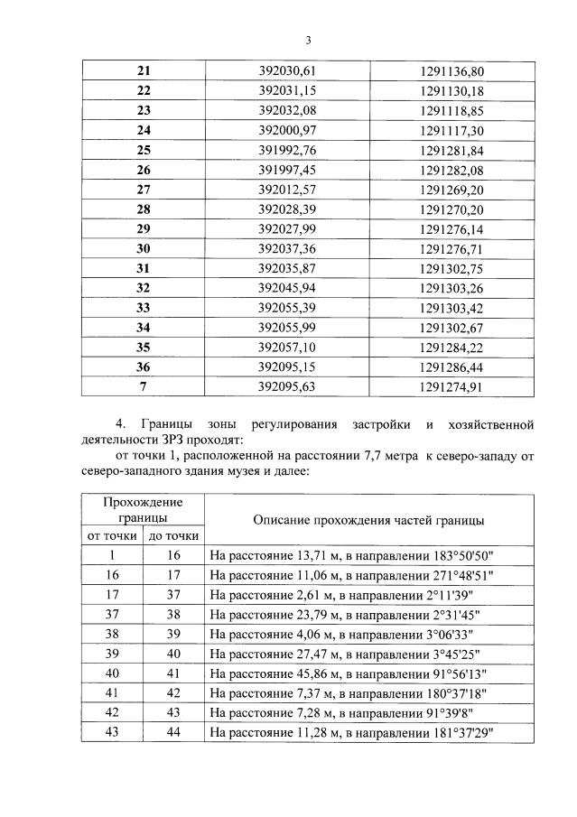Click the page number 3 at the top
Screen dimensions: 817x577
point(307,41)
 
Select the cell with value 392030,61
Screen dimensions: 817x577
point(297,70)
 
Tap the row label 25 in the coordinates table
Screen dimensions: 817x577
point(144,150)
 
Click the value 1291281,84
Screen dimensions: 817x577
point(452,150)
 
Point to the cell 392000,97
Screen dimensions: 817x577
point(297,130)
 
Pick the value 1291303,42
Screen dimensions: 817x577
point(452,308)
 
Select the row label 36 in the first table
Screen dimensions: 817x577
point(144,367)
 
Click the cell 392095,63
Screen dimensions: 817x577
point(297,387)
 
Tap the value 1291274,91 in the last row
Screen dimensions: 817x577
point(452,387)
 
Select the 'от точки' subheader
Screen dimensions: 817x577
point(112,536)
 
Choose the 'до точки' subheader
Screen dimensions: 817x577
point(173,536)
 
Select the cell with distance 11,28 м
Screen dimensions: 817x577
point(356,734)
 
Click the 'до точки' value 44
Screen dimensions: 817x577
point(173,734)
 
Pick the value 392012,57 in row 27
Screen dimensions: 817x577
point(297,190)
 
